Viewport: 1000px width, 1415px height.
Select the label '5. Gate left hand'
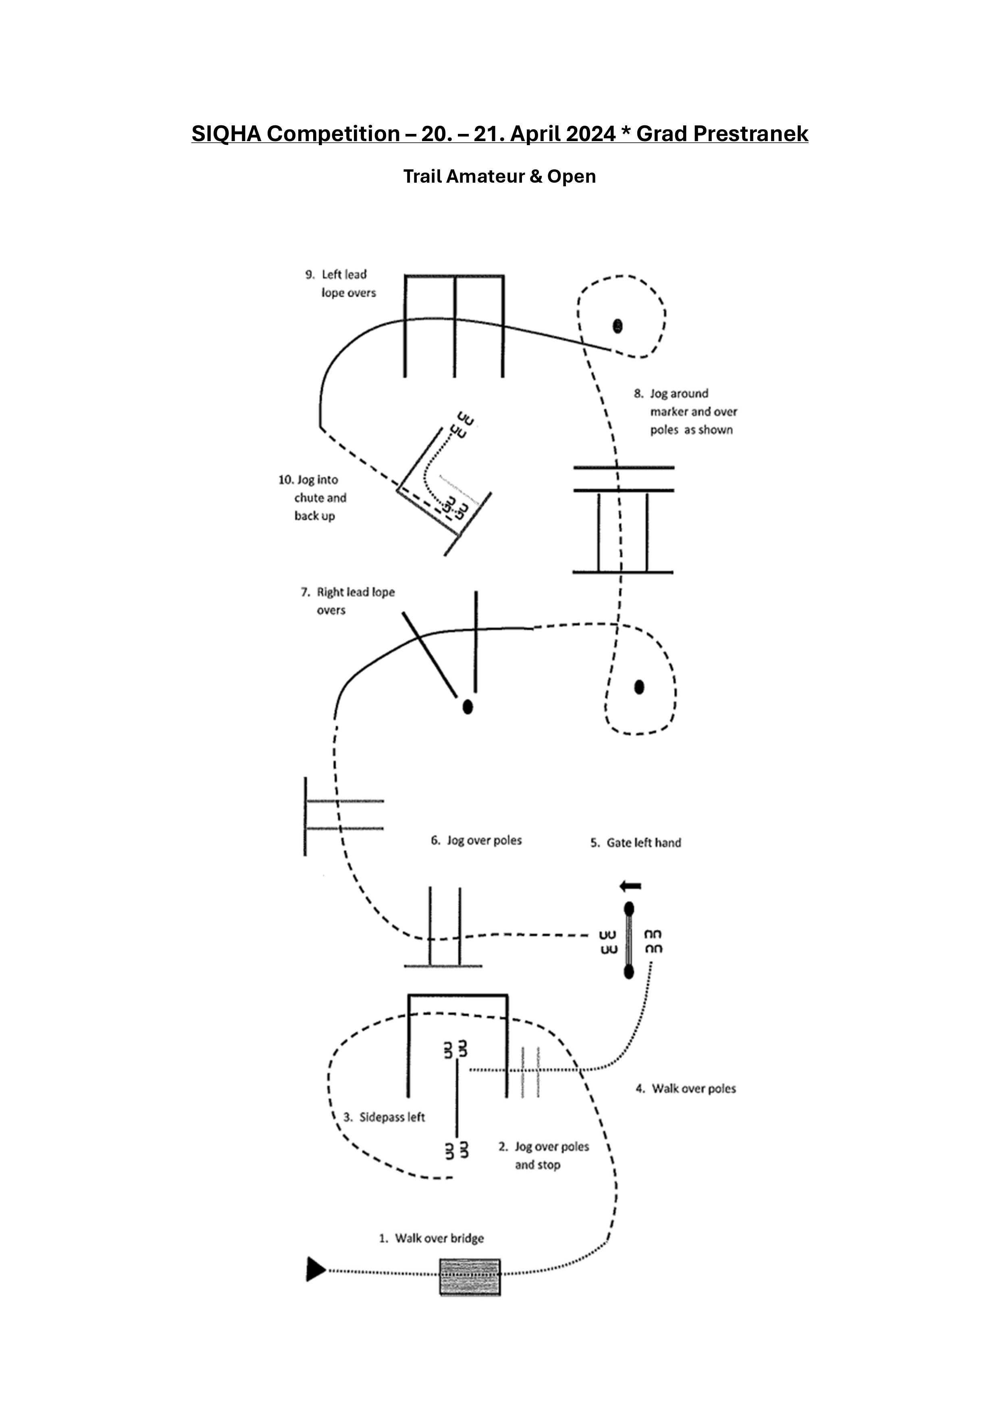click(x=636, y=842)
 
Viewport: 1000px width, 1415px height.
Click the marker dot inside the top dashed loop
click(x=617, y=325)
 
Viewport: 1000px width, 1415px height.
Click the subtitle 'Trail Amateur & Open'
click(x=500, y=176)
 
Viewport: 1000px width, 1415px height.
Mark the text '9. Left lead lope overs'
click(x=341, y=283)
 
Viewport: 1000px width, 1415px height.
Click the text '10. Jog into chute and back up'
click(x=312, y=497)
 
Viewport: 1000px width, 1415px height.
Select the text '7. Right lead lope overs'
click(x=347, y=601)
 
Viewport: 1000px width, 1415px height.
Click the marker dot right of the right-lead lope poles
click(x=639, y=687)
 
